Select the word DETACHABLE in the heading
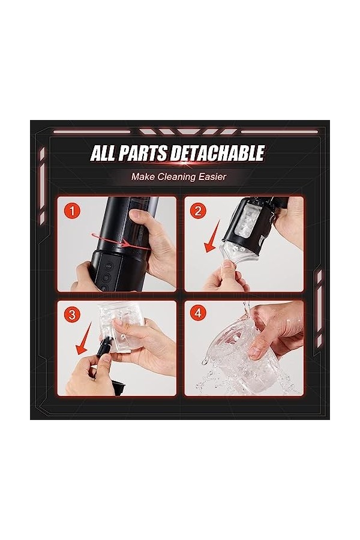tap(217, 153)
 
